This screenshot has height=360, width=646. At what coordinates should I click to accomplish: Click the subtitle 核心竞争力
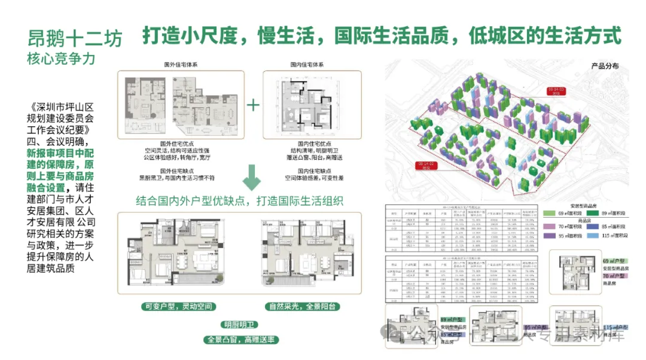tap(60, 60)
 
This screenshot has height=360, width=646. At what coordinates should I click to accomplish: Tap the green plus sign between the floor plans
tap(254, 105)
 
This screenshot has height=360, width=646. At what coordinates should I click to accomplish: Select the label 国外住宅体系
tap(181, 64)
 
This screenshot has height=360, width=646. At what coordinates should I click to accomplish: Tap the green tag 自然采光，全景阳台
tap(310, 307)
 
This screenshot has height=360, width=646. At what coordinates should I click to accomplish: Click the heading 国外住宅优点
tap(181, 144)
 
